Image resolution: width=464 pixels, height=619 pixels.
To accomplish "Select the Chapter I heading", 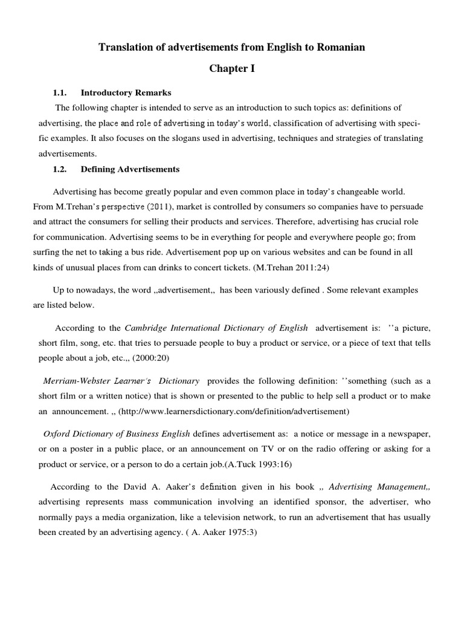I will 232,69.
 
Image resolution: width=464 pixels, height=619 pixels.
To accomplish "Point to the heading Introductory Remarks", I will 126,93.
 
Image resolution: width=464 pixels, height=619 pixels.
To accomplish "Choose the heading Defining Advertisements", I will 130,169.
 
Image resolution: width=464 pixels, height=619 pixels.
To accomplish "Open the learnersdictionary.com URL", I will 234,412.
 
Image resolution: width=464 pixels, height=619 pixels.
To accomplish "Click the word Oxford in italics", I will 57,435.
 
